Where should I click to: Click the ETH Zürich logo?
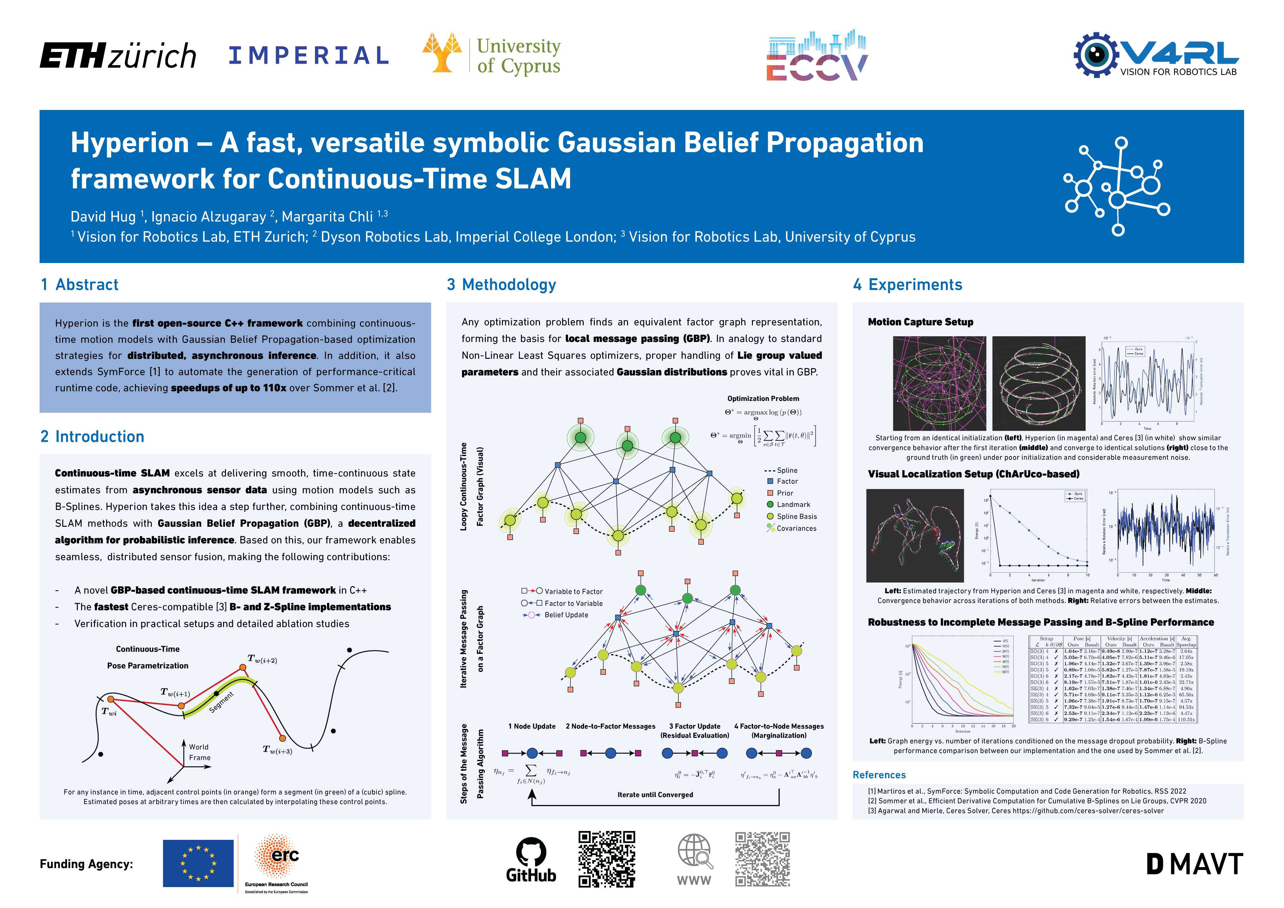[x=118, y=55]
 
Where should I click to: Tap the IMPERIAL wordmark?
[x=309, y=55]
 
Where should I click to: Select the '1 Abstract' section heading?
[x=80, y=285]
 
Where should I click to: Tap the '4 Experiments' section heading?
[x=907, y=285]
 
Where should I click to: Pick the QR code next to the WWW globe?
[x=762, y=859]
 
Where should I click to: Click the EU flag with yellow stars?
[x=198, y=863]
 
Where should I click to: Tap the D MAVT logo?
[x=1194, y=864]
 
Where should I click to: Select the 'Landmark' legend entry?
[x=793, y=505]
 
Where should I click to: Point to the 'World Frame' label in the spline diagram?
[x=199, y=752]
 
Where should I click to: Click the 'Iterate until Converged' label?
[x=655, y=795]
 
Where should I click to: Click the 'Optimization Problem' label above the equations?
[x=763, y=398]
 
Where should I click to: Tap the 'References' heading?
[x=879, y=775]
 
